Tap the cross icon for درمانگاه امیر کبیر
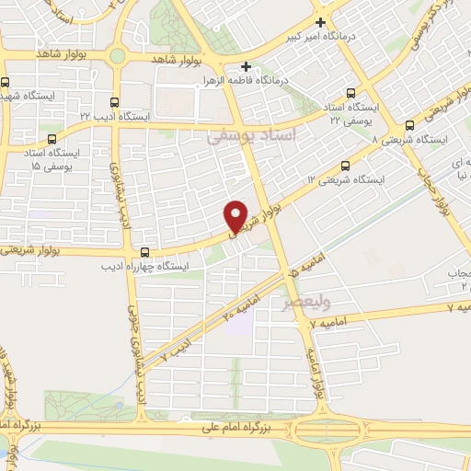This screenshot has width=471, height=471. tap(320, 22)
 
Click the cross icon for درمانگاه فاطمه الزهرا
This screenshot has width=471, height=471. tap(246, 67)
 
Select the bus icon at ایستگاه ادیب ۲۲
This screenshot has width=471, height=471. tap(114, 102)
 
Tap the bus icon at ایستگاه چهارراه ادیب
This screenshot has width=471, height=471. tap(144, 252)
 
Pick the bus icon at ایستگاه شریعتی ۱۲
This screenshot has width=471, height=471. tap(345, 166)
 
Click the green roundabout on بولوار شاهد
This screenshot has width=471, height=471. tap(117, 56)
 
